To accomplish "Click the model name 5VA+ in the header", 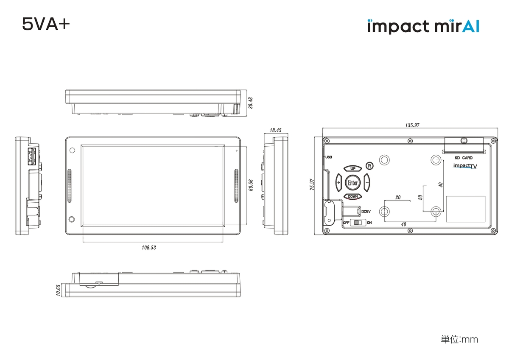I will click(x=46, y=25).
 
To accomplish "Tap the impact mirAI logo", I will click(x=423, y=26).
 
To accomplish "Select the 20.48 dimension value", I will click(x=251, y=103).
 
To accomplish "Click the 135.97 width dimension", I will click(x=412, y=125).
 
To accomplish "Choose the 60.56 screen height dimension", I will click(x=251, y=185).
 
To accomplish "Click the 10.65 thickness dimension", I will click(x=59, y=291).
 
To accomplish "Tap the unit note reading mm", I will click(x=459, y=339).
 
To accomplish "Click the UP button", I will click(x=352, y=169).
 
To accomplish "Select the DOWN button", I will click(x=352, y=196).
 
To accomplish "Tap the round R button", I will click(x=369, y=165).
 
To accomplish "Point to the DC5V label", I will click(x=366, y=211).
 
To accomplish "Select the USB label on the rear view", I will click(x=329, y=157).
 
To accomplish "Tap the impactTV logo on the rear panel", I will click(x=465, y=166).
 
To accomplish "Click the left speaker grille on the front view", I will click(x=70, y=185).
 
